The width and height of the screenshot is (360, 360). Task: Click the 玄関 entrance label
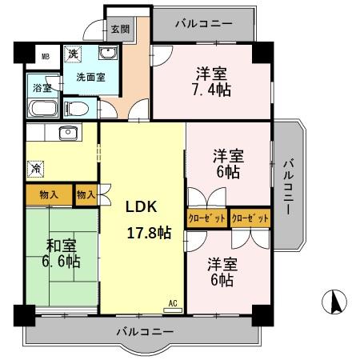click(x=118, y=30)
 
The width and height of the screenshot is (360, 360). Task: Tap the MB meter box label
click(x=46, y=58)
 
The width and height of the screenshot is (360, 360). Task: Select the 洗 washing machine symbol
click(x=72, y=54)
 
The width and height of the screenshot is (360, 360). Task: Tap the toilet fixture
click(x=78, y=107)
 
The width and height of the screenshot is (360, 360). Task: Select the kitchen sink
click(x=68, y=132)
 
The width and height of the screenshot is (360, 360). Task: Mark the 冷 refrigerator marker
click(x=36, y=169)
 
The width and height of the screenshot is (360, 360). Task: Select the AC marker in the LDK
click(x=172, y=303)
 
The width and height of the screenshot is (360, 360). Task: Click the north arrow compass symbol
click(x=337, y=303)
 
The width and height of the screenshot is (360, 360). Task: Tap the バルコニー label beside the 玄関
click(x=206, y=25)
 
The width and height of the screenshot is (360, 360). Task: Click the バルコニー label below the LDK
click(x=144, y=330)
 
